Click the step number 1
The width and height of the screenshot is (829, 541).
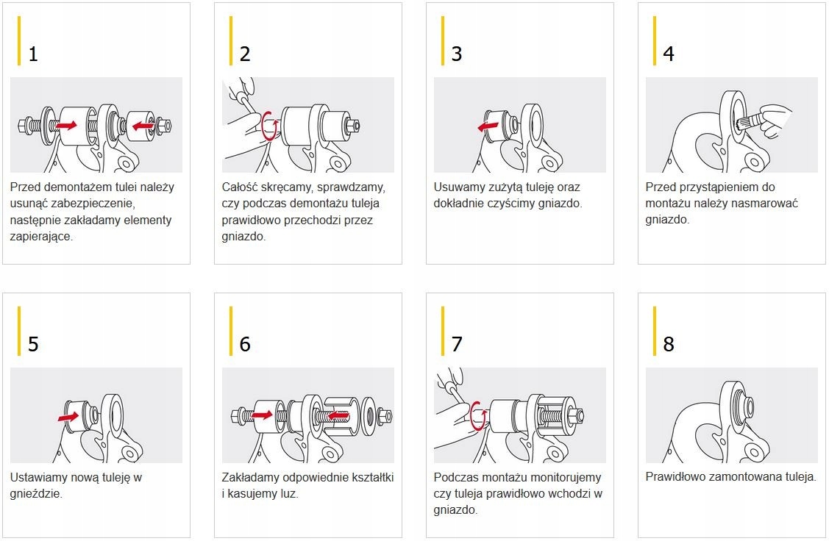33,54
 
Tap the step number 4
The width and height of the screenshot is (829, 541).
668,54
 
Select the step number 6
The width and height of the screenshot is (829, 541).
245,345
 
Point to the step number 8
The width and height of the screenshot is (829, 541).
668,345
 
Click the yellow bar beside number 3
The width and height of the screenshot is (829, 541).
443,40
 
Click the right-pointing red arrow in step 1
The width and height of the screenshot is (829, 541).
67,125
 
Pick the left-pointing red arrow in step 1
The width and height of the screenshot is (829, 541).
143,126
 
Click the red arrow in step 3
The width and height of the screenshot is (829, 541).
488,126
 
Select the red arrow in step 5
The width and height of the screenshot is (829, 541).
68,417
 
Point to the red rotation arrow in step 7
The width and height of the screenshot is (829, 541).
478,416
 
